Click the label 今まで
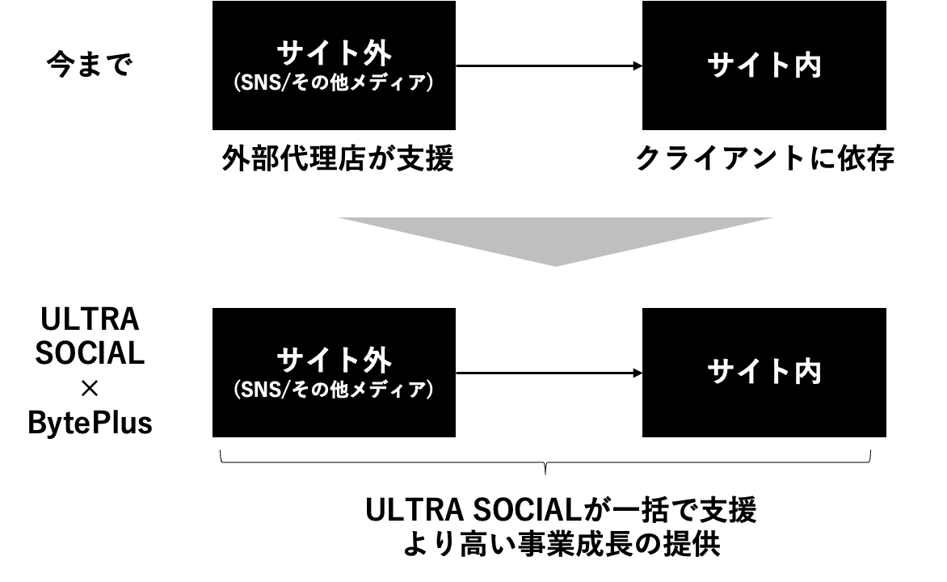click(89, 65)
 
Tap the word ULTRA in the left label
click(90, 321)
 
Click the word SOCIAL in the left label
click(90, 354)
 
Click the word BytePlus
click(90, 423)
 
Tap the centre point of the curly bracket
click(546, 469)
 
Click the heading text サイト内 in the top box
click(764, 65)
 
